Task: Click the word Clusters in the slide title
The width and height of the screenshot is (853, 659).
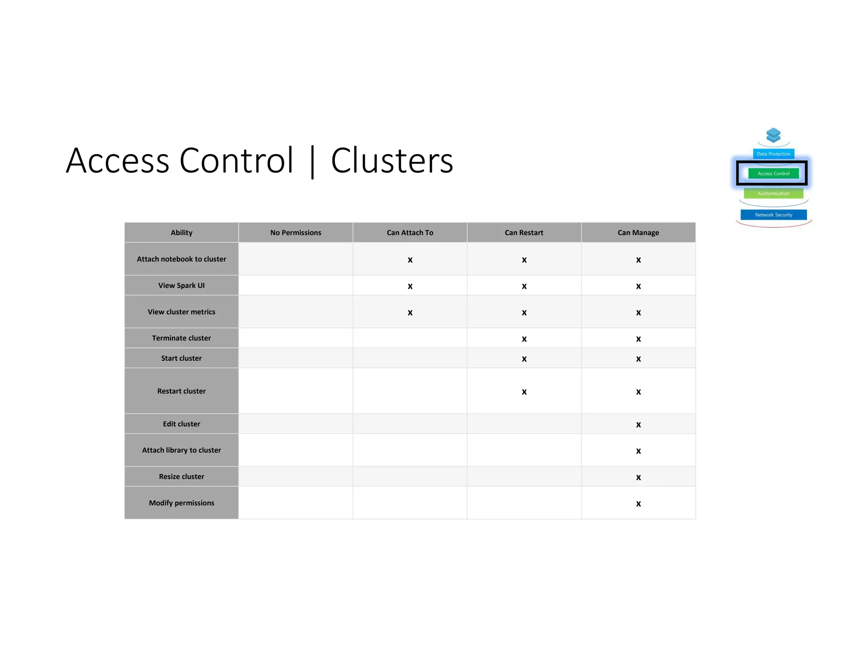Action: [392, 161]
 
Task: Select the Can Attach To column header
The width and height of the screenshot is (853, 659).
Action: [410, 232]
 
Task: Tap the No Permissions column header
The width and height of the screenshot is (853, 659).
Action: [296, 232]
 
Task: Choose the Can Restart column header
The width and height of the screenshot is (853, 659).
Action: [524, 232]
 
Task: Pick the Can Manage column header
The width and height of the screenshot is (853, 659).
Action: [638, 232]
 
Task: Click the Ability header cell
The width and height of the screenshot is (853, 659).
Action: [182, 232]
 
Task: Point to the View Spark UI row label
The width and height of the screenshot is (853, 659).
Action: [182, 285]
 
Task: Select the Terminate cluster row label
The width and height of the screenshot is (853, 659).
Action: [182, 338]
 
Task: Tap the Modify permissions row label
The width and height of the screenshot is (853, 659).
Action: [182, 503]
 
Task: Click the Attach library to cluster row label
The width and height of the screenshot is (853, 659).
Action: [182, 450]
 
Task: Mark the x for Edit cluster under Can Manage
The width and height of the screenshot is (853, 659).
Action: [639, 425]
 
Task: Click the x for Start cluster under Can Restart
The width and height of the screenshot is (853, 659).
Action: [524, 359]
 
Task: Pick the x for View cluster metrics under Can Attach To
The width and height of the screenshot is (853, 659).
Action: [410, 313]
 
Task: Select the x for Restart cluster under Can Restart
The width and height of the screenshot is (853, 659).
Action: [524, 392]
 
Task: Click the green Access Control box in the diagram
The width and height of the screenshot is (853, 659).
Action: [773, 173]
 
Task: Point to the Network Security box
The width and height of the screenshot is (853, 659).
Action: [773, 215]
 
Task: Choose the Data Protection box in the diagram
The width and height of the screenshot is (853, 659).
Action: [773, 154]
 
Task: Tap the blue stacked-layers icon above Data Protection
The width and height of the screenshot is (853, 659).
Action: [773, 135]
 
